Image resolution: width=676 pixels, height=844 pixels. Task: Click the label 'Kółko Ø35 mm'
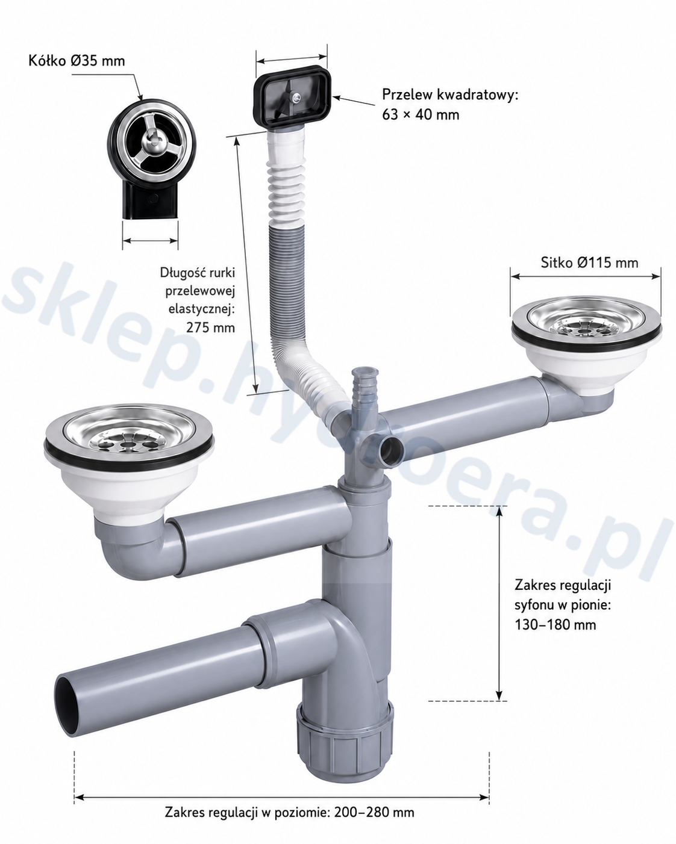(77, 61)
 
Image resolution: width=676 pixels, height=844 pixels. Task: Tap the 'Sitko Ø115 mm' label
(589, 262)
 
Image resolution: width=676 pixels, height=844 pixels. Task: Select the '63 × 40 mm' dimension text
(421, 115)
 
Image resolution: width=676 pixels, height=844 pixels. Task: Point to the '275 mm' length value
(210, 327)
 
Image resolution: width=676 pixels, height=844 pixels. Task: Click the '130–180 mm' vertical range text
(555, 624)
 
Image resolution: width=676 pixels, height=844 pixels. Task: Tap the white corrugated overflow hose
(298, 275)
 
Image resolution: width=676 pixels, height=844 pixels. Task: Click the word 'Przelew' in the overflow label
(407, 95)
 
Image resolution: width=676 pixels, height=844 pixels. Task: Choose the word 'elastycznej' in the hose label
(202, 309)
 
